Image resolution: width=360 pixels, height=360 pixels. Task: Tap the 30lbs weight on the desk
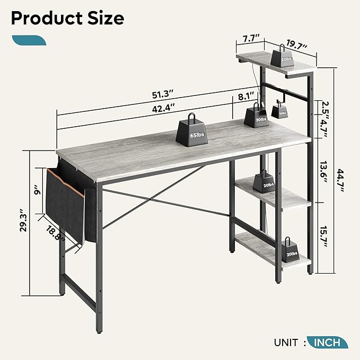coord(256,116)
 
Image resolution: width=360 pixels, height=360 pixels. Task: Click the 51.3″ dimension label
coord(162,94)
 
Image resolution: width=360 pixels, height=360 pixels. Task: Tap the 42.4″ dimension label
coord(163,108)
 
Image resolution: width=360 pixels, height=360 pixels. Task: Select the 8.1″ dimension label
coord(246,96)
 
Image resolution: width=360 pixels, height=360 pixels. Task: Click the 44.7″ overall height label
coord(340,181)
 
